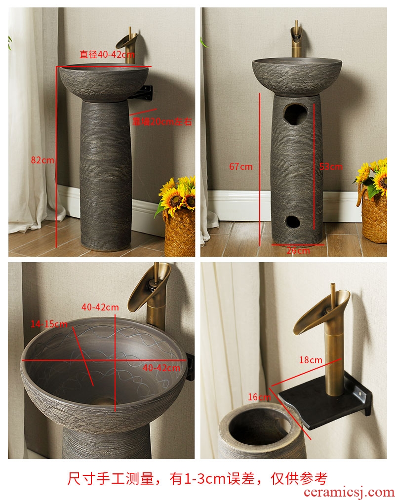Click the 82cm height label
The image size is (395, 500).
coord(42,160)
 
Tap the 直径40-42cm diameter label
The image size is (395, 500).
coord(107,54)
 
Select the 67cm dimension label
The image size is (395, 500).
coord(241,166)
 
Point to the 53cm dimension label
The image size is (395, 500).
coord(331,166)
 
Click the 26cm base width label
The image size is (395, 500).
coord(298,250)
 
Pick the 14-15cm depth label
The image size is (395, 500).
coord(49,324)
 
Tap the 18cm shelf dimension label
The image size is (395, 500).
coord(311,360)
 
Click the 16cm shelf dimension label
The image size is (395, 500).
coord(259,397)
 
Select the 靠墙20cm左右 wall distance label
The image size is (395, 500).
coord(162,121)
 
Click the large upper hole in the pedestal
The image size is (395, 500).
coord(296,115)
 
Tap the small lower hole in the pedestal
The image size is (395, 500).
coord(293,222)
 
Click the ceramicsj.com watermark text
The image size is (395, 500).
coord(349,492)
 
